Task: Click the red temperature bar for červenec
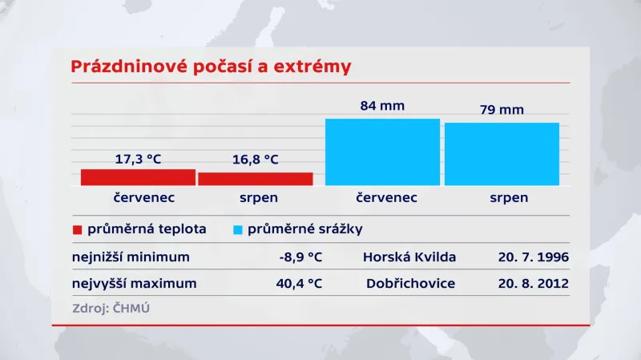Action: [138, 177]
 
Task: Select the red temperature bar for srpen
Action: [256, 179]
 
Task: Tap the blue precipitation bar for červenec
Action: [382, 152]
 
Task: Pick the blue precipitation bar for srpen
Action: [502, 154]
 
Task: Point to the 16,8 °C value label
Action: [256, 160]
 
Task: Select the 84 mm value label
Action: [382, 106]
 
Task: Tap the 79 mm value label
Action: [501, 110]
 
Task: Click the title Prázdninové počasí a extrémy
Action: [211, 66]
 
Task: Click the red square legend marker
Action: [78, 230]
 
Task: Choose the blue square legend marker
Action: [237, 230]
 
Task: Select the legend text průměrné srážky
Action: [305, 229]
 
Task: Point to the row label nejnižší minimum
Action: [131, 257]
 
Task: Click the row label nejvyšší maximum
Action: [134, 284]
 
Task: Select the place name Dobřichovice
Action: [409, 284]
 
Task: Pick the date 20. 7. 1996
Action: [531, 257]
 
